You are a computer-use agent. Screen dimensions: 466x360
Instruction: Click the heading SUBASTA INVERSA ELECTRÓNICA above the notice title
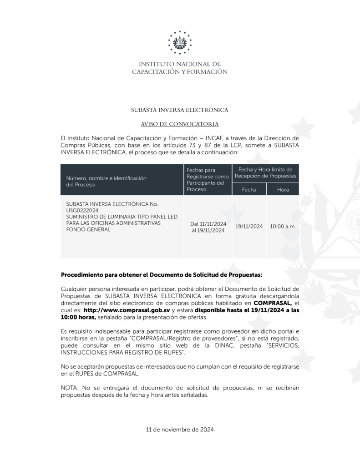[179, 110]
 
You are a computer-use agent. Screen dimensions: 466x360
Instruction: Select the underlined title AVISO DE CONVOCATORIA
[180, 124]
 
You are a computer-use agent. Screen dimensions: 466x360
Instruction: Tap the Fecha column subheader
[249, 189]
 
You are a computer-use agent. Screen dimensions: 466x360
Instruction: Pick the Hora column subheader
[283, 189]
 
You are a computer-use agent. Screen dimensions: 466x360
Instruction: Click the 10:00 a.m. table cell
[282, 226]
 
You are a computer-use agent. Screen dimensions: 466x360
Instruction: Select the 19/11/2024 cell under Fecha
[249, 226]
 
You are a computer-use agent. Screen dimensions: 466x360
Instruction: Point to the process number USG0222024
[82, 211]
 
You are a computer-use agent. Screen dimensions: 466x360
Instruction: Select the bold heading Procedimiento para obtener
[162, 275]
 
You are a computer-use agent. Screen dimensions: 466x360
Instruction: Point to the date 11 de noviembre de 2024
[180, 429]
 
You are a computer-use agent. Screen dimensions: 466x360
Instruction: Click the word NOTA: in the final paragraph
[70, 387]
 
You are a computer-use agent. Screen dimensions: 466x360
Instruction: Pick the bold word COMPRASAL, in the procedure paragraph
[273, 303]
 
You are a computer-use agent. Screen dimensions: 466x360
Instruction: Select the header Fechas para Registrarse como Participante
[208, 179]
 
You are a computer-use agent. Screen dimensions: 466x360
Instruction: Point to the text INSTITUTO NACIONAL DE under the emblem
[180, 64]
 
